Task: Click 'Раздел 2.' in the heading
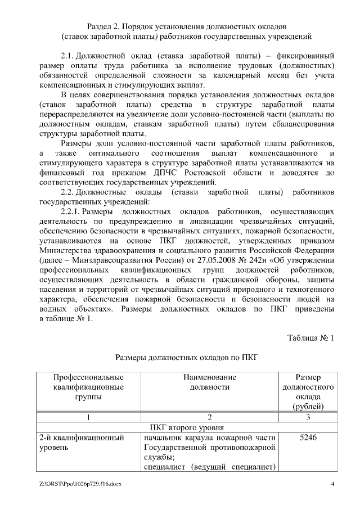pyautogui.click(x=103, y=26)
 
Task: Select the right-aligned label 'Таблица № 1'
pyautogui.click(x=310, y=337)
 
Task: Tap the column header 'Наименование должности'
pyautogui.click(x=209, y=382)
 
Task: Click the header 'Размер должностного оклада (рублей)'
pyautogui.click(x=308, y=391)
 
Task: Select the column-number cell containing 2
pyautogui.click(x=209, y=417)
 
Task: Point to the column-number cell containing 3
pyautogui.click(x=308, y=417)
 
